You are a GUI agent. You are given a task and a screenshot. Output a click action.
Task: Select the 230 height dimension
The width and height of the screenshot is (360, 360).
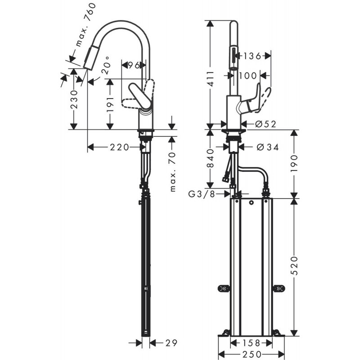(x=74, y=104)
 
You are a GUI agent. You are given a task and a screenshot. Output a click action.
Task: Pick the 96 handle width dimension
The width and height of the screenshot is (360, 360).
(x=133, y=66)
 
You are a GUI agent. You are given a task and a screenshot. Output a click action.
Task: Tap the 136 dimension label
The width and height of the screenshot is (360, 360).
(x=252, y=56)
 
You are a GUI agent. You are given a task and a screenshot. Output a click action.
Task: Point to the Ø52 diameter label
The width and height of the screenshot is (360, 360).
(x=265, y=124)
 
